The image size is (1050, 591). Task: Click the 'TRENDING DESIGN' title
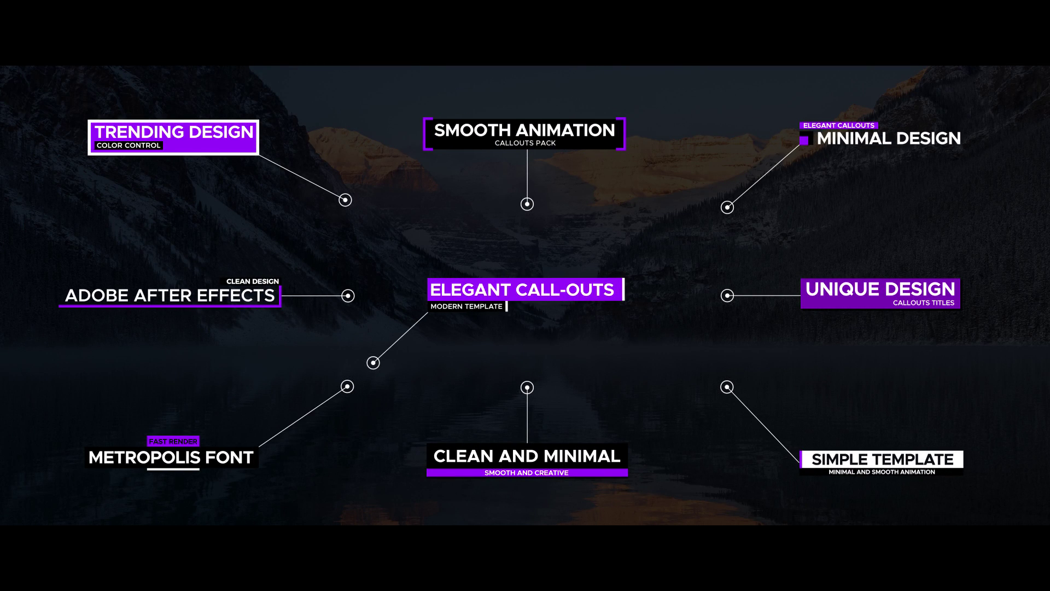pyautogui.click(x=174, y=132)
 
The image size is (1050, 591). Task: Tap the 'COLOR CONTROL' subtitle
pyautogui.click(x=129, y=146)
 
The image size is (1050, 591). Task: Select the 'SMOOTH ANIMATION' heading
pyautogui.click(x=524, y=130)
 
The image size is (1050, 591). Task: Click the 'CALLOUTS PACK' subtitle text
pyautogui.click(x=525, y=143)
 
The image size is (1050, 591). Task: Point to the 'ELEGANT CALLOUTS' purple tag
pyautogui.click(x=838, y=126)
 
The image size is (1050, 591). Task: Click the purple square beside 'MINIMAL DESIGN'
pyautogui.click(x=804, y=140)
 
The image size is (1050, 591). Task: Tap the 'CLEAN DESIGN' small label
pyautogui.click(x=253, y=281)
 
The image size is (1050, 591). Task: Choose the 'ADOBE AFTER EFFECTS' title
pyautogui.click(x=170, y=296)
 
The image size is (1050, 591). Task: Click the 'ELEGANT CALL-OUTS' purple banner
pyautogui.click(x=522, y=289)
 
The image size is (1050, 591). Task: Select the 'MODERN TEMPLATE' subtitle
pyautogui.click(x=466, y=306)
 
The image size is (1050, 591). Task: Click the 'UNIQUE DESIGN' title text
pyautogui.click(x=880, y=289)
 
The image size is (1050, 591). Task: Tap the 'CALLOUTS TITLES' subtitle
pyautogui.click(x=923, y=303)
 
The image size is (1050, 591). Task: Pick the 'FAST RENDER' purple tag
pyautogui.click(x=173, y=442)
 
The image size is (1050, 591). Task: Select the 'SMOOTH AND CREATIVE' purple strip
pyautogui.click(x=527, y=473)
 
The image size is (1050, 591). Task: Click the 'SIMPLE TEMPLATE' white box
pyautogui.click(x=882, y=459)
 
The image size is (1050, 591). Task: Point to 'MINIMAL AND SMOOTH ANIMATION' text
pyautogui.click(x=882, y=472)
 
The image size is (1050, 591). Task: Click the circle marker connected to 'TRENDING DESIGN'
pyautogui.click(x=345, y=200)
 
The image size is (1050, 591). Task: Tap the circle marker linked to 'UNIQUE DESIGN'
pyautogui.click(x=727, y=296)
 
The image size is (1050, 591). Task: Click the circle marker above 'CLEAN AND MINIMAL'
pyautogui.click(x=527, y=387)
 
